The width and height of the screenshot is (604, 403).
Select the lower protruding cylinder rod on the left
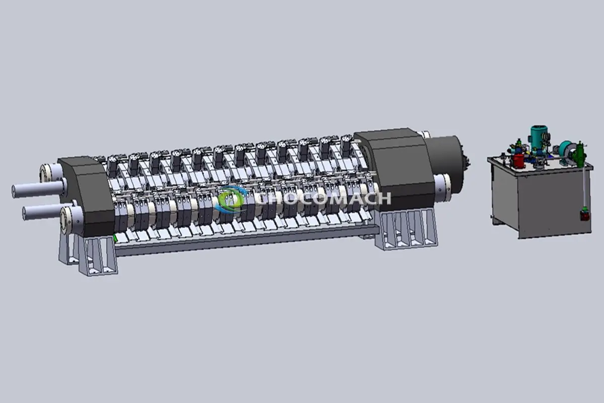[43, 212]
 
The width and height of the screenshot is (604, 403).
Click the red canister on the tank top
[518, 161]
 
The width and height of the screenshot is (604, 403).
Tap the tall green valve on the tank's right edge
[580, 153]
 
